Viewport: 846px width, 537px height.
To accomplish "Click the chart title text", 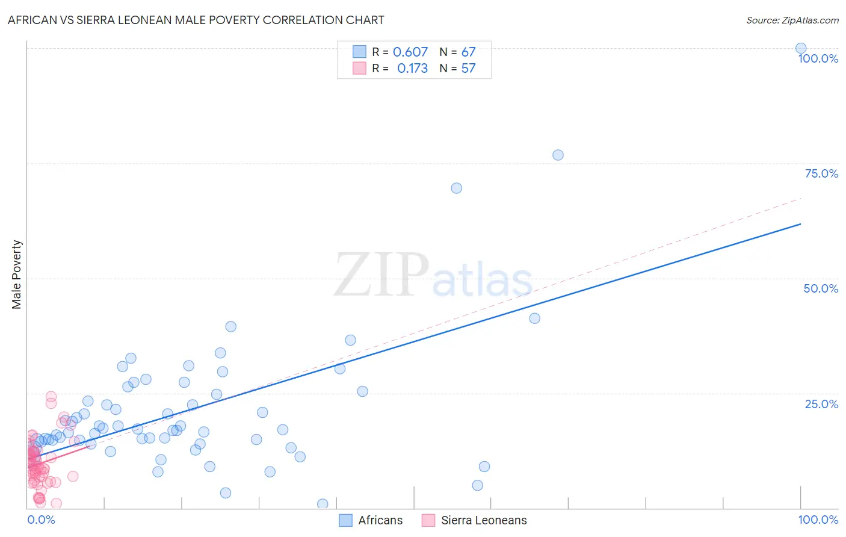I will pos(196,20).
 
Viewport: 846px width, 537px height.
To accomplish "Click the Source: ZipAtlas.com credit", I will pos(792,20).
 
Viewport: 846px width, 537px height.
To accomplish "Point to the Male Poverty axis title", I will pos(17,275).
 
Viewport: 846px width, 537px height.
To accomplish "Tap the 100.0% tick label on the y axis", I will pos(818,58).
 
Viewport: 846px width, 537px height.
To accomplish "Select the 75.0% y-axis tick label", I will pos(821,173).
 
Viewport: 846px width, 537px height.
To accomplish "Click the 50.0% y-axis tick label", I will pos(821,288).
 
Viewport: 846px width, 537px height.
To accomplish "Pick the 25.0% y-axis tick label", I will pos(821,404).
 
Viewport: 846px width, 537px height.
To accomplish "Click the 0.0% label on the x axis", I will pos(42,520).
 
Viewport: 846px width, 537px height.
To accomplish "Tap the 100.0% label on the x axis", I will pos(818,520).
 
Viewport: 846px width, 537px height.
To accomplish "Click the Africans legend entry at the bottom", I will pos(371,520).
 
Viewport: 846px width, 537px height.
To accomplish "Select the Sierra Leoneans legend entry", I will pos(474,520).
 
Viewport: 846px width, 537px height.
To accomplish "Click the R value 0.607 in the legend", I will pos(410,52).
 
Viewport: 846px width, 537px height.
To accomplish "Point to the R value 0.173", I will pos(412,68).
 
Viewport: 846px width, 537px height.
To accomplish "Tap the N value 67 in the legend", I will pos(468,52).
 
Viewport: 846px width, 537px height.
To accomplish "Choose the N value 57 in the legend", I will pos(468,68).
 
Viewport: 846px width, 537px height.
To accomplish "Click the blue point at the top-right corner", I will pos(801,48).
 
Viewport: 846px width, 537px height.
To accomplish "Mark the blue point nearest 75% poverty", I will pos(558,155).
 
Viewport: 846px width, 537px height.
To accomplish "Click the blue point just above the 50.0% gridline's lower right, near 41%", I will pos(534,318).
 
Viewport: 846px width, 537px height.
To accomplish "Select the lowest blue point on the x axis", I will pos(323,504).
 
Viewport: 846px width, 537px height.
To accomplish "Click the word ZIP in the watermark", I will pos(381,275).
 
